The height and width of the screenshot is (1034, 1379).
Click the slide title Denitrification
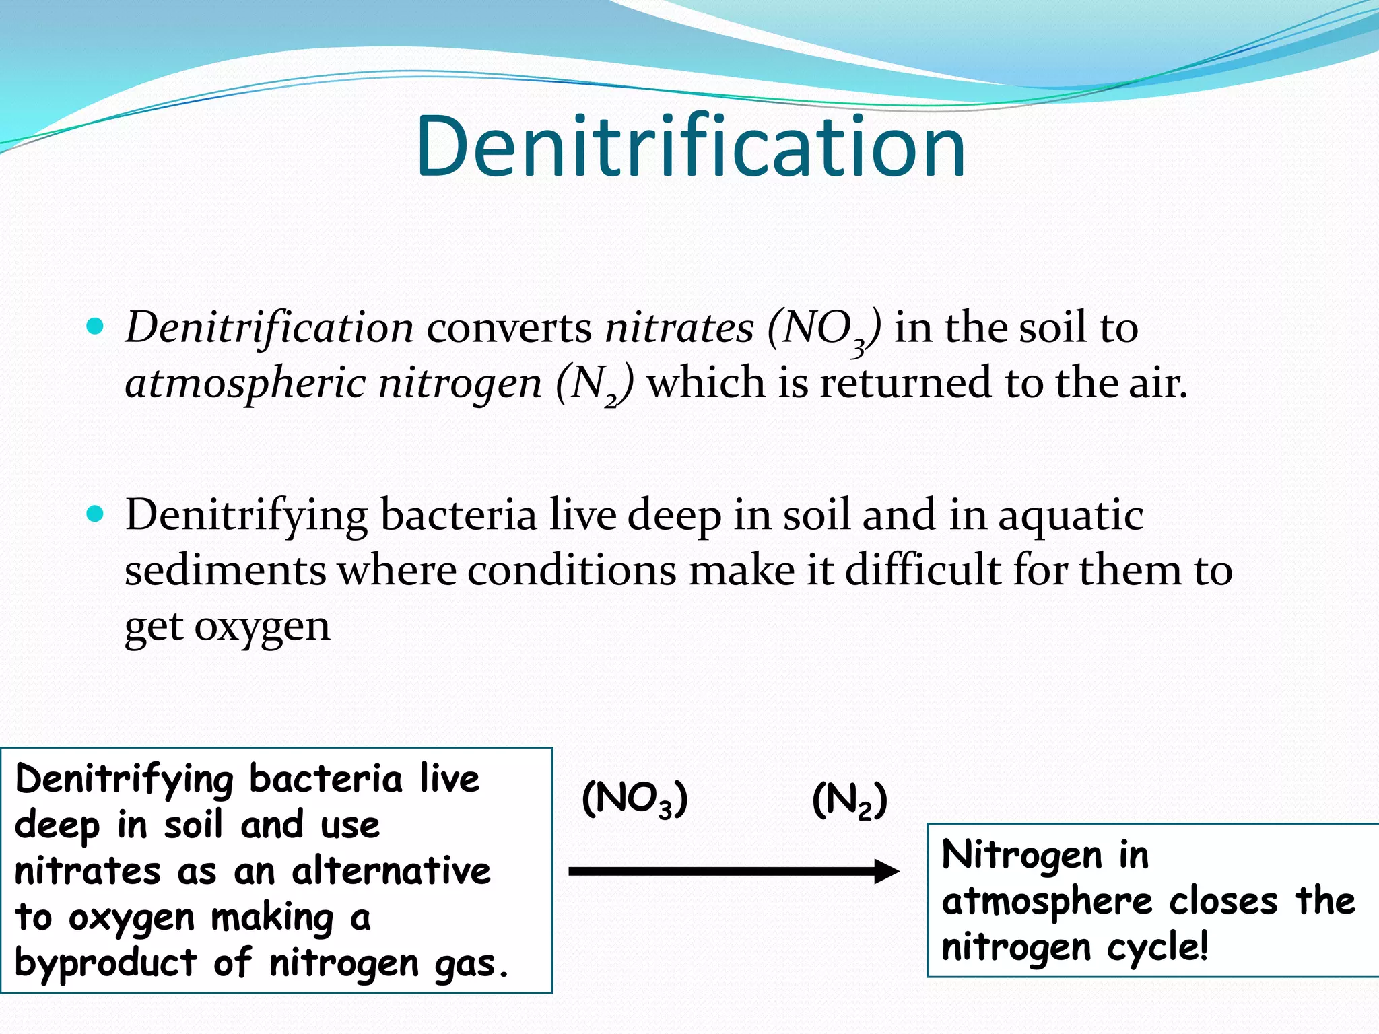pyautogui.click(x=691, y=146)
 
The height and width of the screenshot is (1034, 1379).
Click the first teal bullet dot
pyautogui.click(x=96, y=327)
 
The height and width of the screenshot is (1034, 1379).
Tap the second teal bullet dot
pyautogui.click(x=96, y=515)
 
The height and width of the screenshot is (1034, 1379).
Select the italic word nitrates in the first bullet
pyautogui.click(x=679, y=329)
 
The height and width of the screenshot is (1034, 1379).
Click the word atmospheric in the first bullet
pyautogui.click(x=245, y=384)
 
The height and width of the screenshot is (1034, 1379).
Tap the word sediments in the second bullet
pyautogui.click(x=225, y=571)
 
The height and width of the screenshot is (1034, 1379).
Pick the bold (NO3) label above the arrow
pyautogui.click(x=634, y=800)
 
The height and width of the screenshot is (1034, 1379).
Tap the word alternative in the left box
pyautogui.click(x=391, y=871)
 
